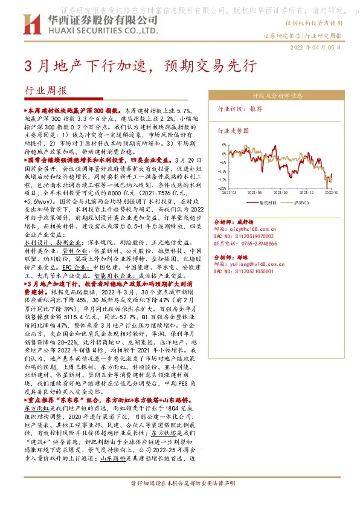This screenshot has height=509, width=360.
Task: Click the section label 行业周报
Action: point(47,92)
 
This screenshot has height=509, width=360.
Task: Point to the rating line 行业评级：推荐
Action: point(240,109)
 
